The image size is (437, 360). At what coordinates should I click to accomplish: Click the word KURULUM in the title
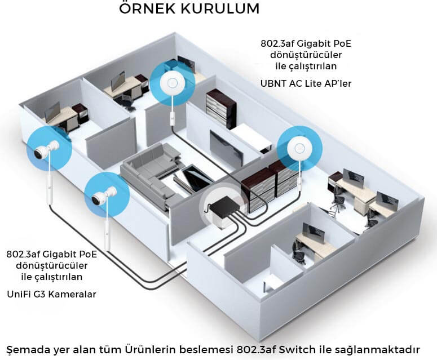[x=224, y=10]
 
